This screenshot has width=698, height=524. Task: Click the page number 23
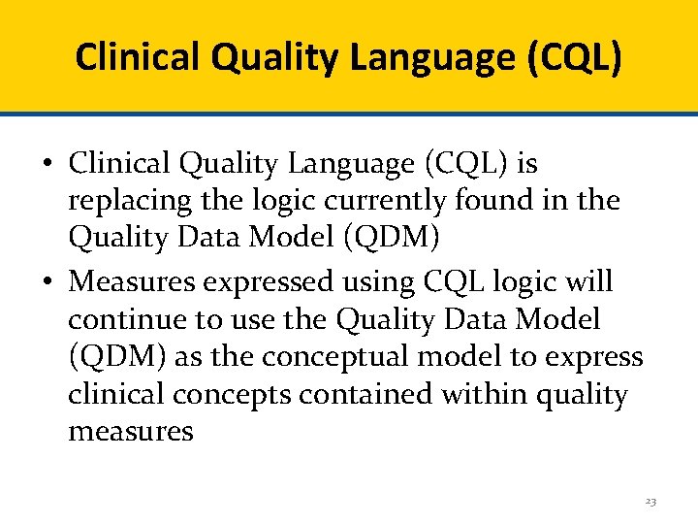point(650,502)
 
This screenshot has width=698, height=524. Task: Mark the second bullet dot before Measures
point(48,282)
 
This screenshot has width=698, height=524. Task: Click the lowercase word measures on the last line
point(131,432)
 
